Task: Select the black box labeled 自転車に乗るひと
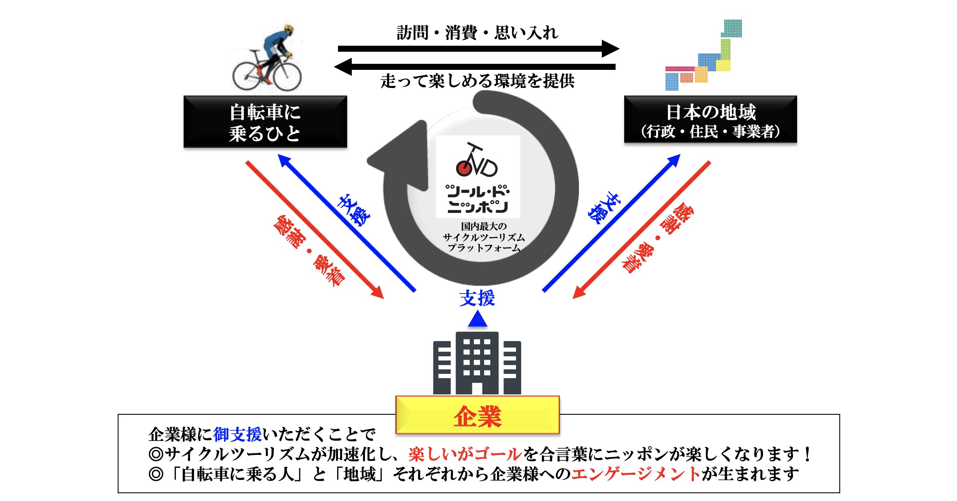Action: point(265,122)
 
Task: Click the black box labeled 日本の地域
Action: point(710,119)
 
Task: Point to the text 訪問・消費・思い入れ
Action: point(477,32)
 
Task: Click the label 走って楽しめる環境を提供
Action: point(477,81)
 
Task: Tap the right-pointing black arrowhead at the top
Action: point(610,48)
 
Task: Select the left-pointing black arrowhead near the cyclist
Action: point(343,66)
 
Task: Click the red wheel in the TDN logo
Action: point(464,168)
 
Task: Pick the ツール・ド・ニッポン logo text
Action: point(478,199)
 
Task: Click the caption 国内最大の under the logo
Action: point(484,226)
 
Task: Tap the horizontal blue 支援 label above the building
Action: point(477,298)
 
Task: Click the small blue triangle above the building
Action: point(477,319)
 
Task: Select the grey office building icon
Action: point(477,363)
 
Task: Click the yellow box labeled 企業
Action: point(478,415)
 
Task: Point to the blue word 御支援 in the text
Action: point(238,434)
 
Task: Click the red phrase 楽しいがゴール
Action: point(465,454)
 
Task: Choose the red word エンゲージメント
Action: point(636,474)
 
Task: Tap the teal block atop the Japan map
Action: point(732,28)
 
